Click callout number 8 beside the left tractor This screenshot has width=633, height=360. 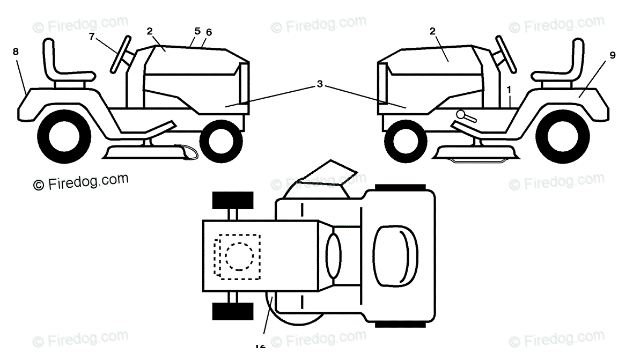pyautogui.click(x=16, y=52)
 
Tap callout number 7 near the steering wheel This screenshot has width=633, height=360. pyautogui.click(x=92, y=36)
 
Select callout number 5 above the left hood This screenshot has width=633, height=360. pyautogui.click(x=197, y=31)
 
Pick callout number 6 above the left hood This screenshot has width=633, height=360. pyautogui.click(x=209, y=33)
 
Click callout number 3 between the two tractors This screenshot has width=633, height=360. pyautogui.click(x=320, y=84)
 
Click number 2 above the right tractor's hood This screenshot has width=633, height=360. pyautogui.click(x=432, y=31)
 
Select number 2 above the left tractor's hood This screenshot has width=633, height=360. pyautogui.click(x=150, y=31)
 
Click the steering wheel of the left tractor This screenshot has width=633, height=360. pyautogui.click(x=120, y=53)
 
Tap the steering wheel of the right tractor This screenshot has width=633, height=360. pyautogui.click(x=506, y=53)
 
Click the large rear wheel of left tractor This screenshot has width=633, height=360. pyautogui.click(x=63, y=137)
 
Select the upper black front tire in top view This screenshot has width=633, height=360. pyautogui.click(x=233, y=200)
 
